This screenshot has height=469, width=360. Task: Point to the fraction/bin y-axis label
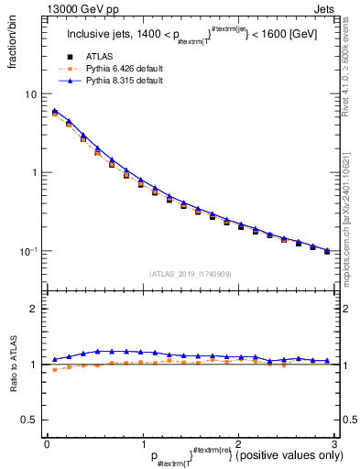(11, 46)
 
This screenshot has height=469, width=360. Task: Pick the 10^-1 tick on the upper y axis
(29, 251)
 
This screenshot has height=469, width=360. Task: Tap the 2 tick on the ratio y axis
(34, 309)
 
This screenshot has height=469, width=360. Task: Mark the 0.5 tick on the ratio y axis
(30, 420)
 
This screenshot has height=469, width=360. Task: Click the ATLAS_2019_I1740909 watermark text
(190, 274)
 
